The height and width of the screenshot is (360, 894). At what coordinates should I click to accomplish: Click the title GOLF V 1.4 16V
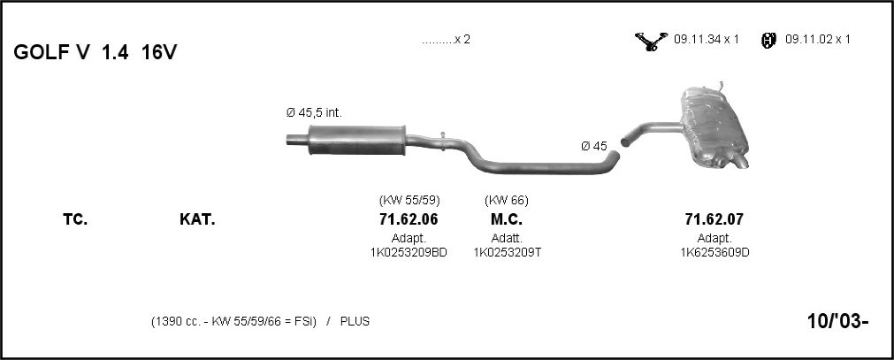point(96,52)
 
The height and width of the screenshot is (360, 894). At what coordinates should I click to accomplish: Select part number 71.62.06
point(409,219)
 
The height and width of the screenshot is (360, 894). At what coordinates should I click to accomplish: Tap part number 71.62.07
point(714,219)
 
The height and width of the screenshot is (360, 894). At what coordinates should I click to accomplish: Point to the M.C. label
point(507,219)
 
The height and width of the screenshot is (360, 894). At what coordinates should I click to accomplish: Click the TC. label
point(75,219)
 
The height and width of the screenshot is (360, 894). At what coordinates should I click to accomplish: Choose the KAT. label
point(197,219)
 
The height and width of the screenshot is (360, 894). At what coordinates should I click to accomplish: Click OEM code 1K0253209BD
point(409,252)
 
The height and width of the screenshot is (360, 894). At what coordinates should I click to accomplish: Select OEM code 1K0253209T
point(508,252)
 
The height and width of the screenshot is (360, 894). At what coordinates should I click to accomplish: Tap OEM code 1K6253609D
point(714,252)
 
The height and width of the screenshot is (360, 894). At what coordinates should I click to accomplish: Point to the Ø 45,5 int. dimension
point(314,113)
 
